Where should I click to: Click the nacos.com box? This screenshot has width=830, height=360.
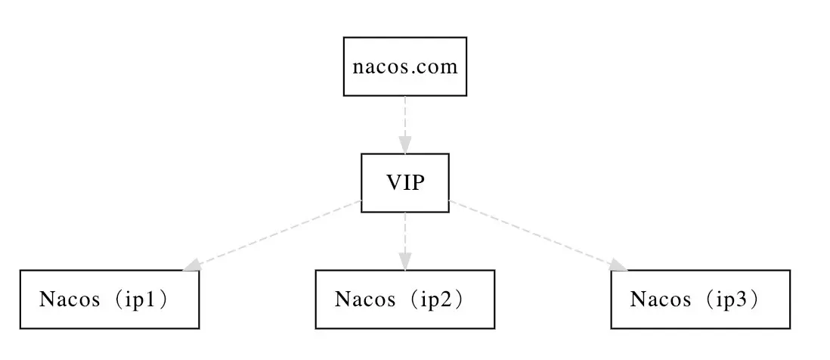point(405,67)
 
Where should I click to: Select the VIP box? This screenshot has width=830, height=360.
point(405,183)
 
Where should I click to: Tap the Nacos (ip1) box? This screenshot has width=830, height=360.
point(110,299)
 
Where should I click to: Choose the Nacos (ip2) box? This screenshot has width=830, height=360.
point(405,299)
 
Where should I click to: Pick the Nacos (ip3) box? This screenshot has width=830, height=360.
point(700,299)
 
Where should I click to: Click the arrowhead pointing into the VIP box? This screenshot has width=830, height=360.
point(405,144)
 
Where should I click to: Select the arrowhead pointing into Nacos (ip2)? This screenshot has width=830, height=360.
point(405,261)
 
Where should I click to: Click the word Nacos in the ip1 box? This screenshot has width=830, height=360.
point(70,299)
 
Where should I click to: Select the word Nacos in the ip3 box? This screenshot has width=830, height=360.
point(660,299)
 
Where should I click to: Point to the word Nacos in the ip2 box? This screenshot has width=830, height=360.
point(365,299)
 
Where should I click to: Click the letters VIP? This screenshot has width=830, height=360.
point(405,183)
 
